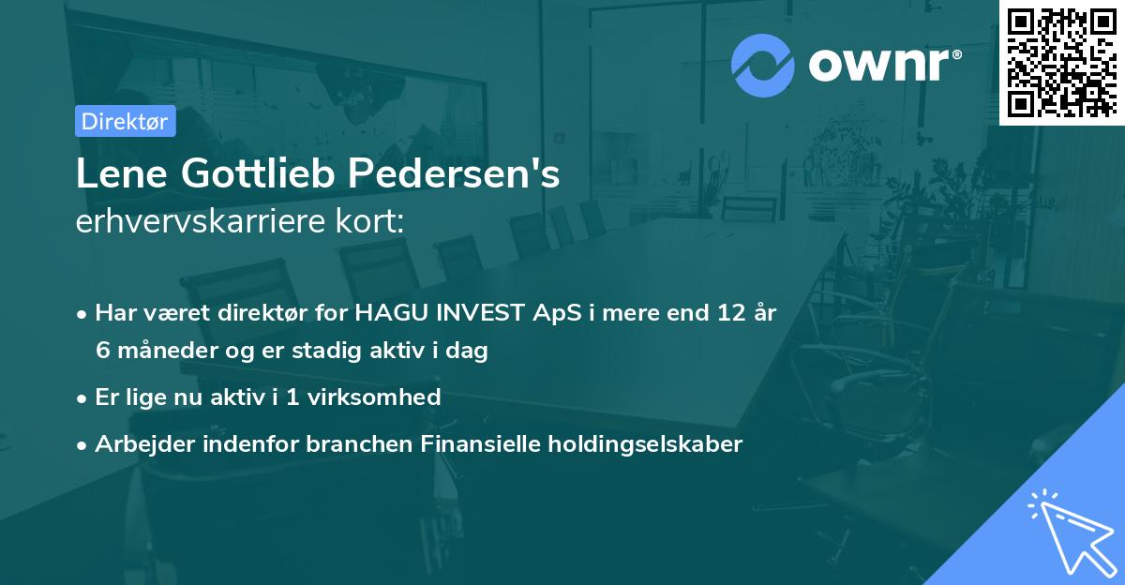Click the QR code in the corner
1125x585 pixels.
click(x=1061, y=62)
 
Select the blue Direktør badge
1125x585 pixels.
click(x=125, y=121)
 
